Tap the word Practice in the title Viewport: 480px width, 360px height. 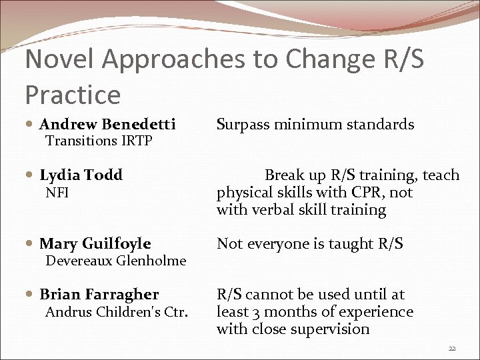(73, 95)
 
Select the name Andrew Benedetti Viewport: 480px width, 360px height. (107, 124)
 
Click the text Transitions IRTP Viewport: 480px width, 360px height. (99, 141)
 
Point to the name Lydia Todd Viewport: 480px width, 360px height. (81, 175)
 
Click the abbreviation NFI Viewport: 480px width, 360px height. (57, 193)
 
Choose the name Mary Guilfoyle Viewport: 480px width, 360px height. (95, 244)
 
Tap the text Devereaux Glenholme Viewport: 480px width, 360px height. (115, 261)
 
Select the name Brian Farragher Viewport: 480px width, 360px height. (99, 295)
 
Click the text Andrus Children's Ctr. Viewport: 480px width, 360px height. (117, 312)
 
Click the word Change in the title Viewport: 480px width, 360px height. (314, 60)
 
